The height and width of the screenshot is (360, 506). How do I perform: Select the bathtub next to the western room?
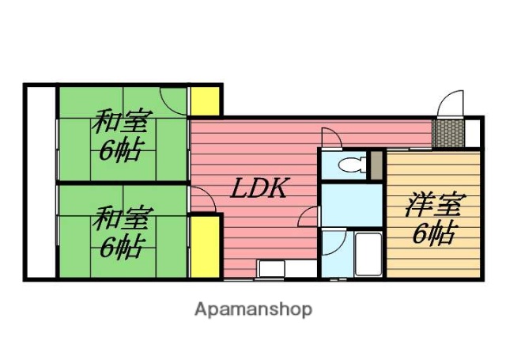(x=368, y=252)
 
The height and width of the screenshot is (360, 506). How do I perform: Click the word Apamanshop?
(x=254, y=309)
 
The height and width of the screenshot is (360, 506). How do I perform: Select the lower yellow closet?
(x=205, y=246)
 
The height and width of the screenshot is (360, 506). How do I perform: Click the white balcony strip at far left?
(x=40, y=181)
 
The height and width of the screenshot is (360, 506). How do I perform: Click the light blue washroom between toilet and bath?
(x=351, y=203)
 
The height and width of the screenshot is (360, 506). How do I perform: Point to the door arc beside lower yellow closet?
(x=202, y=201)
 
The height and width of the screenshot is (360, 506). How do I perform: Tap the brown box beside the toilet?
(x=376, y=165)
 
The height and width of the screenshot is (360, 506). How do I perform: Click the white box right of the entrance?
(x=472, y=132)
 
